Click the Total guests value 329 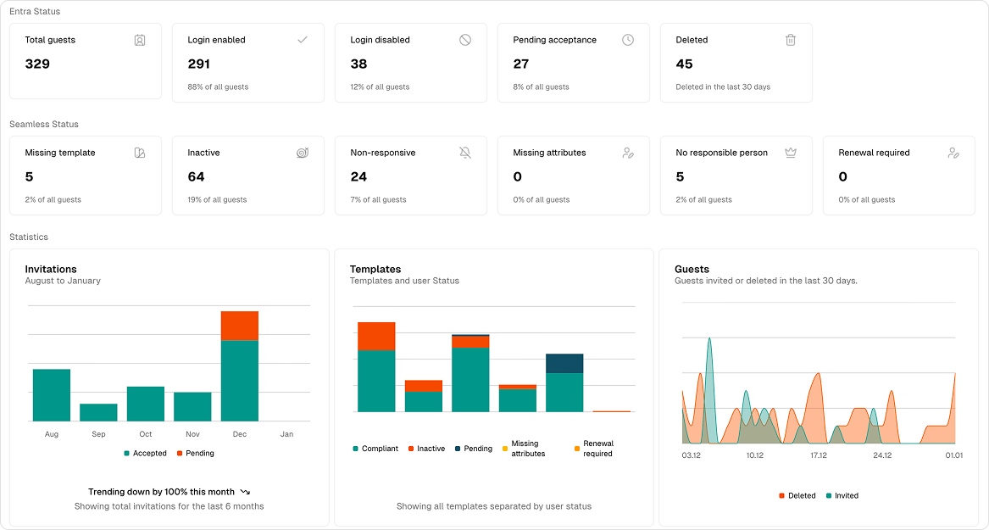(37, 64)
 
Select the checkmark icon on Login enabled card (303, 40)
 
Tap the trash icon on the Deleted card (790, 40)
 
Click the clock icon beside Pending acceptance (628, 40)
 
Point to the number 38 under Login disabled (358, 64)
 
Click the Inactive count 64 (196, 176)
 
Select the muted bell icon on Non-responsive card (465, 153)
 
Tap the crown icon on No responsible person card (790, 153)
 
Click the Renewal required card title (874, 153)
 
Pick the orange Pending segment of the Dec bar (240, 326)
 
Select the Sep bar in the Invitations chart (98, 412)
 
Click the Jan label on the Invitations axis (286, 434)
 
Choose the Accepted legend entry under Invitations (145, 454)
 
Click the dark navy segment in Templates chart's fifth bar (564, 363)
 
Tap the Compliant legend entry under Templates (375, 449)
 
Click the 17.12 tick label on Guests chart (818, 455)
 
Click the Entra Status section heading (35, 11)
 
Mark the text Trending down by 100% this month (161, 492)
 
